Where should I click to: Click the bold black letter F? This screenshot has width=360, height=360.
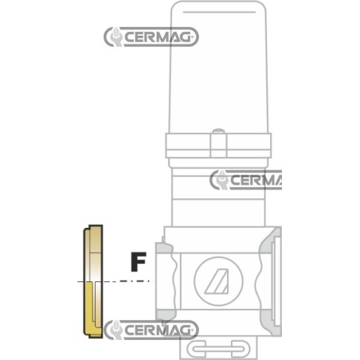coord(139,262)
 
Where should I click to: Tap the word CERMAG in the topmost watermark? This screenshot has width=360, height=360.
coord(158,37)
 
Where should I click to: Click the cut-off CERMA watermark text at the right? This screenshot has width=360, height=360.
coord(256,180)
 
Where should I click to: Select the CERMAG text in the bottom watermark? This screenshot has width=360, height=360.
coord(158,330)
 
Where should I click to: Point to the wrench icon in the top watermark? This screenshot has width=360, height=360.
coord(115,37)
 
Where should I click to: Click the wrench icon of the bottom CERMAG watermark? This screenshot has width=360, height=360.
coord(115,330)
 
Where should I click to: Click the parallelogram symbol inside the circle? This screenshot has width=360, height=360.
coord(217,281)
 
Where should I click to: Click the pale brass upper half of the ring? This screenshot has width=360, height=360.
coord(93,252)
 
